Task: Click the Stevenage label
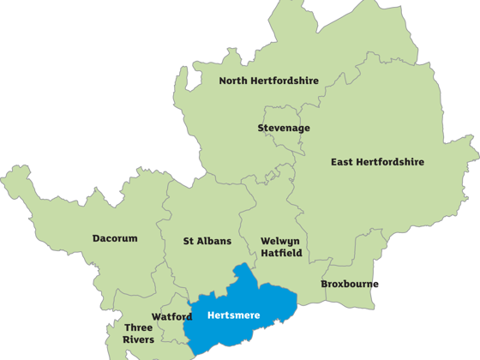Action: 284,129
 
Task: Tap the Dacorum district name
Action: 115,239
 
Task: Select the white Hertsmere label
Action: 233,315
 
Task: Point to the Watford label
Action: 171,316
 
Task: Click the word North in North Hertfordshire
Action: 234,81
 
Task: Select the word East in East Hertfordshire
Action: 343,162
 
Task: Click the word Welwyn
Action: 279,241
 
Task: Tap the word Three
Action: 139,327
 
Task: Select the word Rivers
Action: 139,339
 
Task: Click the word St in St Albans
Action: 189,242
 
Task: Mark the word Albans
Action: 214,242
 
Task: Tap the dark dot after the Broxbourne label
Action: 376,284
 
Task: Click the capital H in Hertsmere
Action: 212,315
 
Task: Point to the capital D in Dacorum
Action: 96,239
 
